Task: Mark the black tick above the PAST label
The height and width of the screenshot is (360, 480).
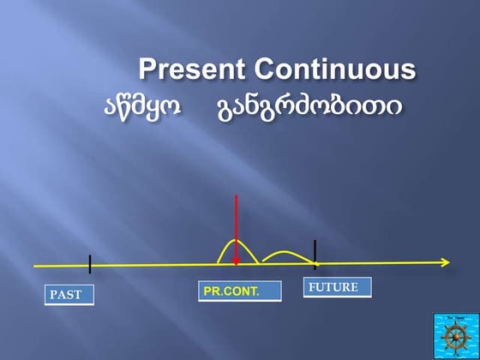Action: (89, 264)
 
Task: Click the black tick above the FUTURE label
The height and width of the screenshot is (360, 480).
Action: (315, 255)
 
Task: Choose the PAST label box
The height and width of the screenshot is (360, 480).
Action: (69, 295)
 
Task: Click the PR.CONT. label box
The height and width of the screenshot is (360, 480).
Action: (240, 291)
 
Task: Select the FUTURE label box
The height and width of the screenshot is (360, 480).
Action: (338, 287)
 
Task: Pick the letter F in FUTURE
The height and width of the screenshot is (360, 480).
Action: (311, 287)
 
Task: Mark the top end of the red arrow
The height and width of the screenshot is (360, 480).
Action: (236, 196)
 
